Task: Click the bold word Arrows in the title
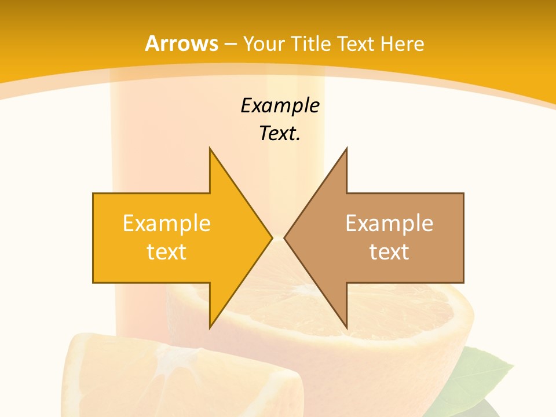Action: pyautogui.click(x=181, y=43)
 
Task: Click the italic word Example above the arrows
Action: pyautogui.click(x=280, y=106)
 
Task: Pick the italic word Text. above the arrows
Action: pyautogui.click(x=280, y=134)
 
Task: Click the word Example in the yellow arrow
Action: pyautogui.click(x=167, y=224)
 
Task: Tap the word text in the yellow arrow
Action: pyautogui.click(x=167, y=252)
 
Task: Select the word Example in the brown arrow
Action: pyautogui.click(x=389, y=224)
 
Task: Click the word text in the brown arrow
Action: pyautogui.click(x=389, y=252)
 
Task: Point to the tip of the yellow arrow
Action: pyautogui.click(x=272, y=237)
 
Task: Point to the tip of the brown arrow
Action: pyautogui.click(x=285, y=237)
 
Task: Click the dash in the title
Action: pyautogui.click(x=231, y=44)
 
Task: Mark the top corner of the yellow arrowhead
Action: pyautogui.click(x=210, y=148)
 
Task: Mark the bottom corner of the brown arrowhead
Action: pyautogui.click(x=346, y=327)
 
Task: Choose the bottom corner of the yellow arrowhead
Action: pyautogui.click(x=210, y=327)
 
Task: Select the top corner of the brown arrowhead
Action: pyautogui.click(x=346, y=148)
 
